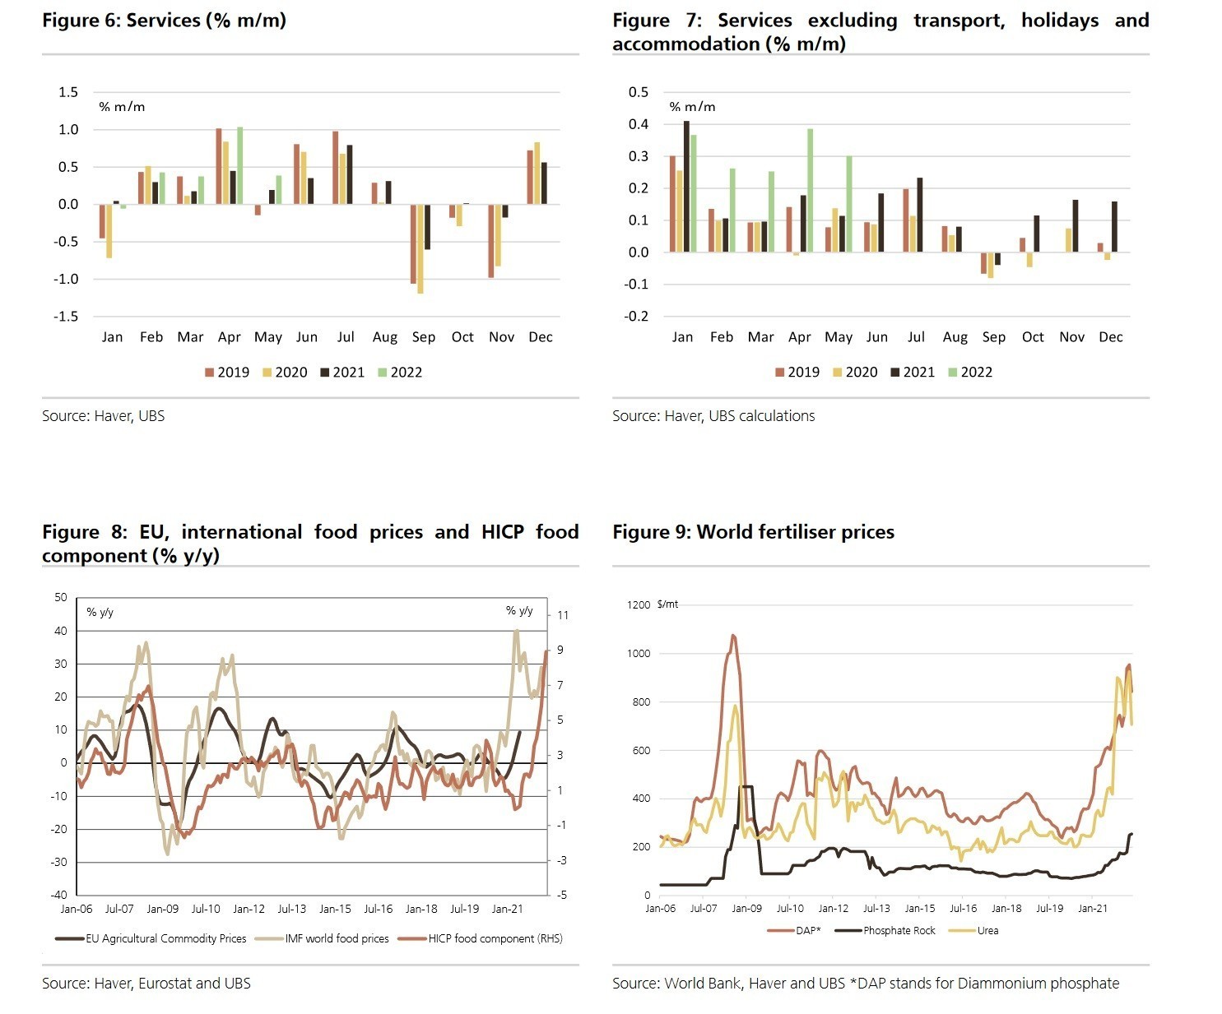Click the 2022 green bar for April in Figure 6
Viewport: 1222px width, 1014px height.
239,165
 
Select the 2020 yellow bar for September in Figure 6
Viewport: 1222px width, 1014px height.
420,248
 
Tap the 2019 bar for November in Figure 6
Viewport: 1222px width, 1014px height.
491,241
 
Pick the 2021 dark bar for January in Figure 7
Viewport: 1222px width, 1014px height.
686,187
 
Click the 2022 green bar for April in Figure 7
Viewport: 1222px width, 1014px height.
810,191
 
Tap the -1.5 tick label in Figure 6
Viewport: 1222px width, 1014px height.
68,317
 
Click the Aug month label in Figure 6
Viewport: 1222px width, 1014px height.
384,337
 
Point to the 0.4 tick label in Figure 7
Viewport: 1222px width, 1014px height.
639,124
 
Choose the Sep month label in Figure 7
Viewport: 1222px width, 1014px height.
993,337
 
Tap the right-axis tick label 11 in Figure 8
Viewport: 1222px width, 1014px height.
563,615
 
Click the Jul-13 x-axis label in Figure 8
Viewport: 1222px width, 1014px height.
291,909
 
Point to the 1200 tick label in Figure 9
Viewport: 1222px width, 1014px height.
639,605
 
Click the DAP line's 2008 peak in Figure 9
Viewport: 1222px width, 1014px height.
733,635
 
